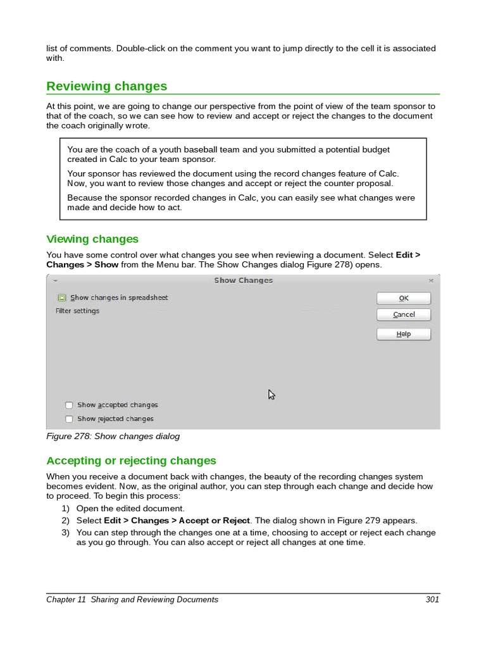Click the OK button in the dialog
click(404, 298)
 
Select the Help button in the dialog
click(404, 334)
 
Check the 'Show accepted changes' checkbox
click(68, 405)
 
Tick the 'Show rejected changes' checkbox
click(68, 419)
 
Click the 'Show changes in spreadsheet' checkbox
click(62, 297)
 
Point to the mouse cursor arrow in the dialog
click(271, 394)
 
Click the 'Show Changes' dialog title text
click(243, 280)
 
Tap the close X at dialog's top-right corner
click(431, 280)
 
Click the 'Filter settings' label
click(77, 311)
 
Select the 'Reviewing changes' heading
click(106, 86)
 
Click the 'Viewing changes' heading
click(92, 239)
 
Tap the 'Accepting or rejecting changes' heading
click(131, 461)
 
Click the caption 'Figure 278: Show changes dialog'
click(113, 436)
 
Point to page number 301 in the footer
click(432, 599)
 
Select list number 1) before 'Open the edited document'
click(65, 508)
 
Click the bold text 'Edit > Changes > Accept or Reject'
click(177, 521)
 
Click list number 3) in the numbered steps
click(65, 533)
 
